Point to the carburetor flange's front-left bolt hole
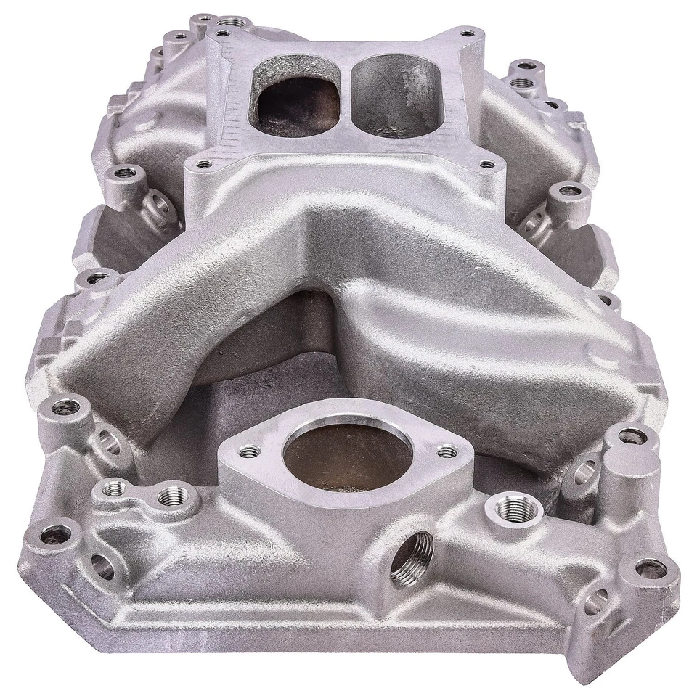click(205, 164)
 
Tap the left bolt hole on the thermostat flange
click(249, 451)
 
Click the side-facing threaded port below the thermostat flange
click(412, 557)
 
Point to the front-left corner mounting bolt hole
click(56, 536)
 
